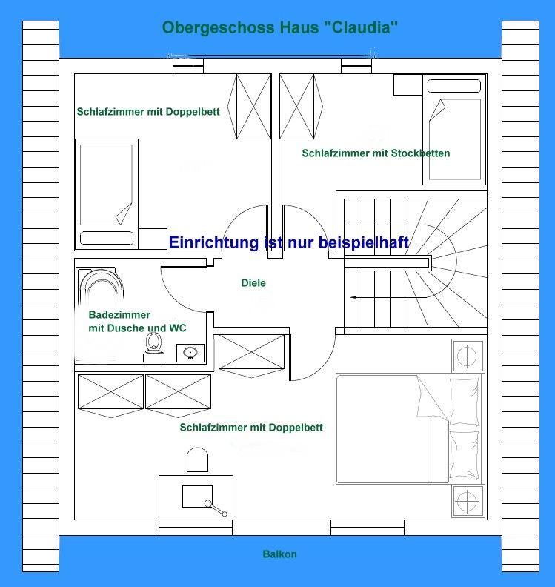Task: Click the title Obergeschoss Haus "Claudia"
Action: click(x=280, y=28)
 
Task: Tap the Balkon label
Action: click(x=279, y=554)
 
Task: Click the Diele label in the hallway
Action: click(x=253, y=282)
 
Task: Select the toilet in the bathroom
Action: click(x=154, y=345)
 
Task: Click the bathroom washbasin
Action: click(x=190, y=353)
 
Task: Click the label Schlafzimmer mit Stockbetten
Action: click(x=376, y=153)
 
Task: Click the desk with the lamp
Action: click(x=196, y=496)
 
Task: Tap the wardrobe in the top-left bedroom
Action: click(x=253, y=106)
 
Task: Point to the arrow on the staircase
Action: click(x=356, y=297)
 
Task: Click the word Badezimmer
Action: click(x=119, y=315)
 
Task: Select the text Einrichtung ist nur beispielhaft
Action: click(x=289, y=242)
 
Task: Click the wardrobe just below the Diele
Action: click(x=252, y=351)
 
